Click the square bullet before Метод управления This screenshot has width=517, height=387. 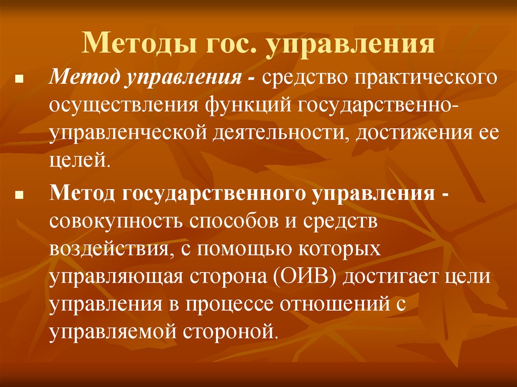pyautogui.click(x=18, y=80)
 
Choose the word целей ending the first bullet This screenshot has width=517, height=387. pyautogui.click(x=78, y=161)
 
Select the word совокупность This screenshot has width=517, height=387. pyautogui.click(x=116, y=223)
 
